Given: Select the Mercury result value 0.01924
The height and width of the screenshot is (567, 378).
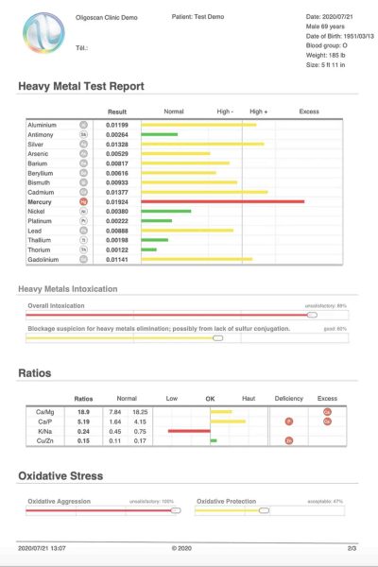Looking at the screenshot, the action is (116, 201).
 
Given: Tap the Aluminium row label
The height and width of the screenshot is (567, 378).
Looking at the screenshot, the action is (43, 124).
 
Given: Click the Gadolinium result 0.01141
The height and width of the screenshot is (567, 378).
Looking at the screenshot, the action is (116, 259).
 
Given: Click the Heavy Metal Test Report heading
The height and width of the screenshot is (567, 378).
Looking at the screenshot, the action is (81, 86).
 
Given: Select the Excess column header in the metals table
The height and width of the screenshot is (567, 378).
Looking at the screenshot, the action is (309, 112).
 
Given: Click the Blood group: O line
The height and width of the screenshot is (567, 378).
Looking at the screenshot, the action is (329, 43).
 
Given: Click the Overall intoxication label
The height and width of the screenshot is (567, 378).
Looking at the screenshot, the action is (56, 305).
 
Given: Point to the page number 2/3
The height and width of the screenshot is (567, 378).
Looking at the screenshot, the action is (352, 548).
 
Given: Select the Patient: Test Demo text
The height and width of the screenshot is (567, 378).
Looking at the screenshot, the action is (199, 17).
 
